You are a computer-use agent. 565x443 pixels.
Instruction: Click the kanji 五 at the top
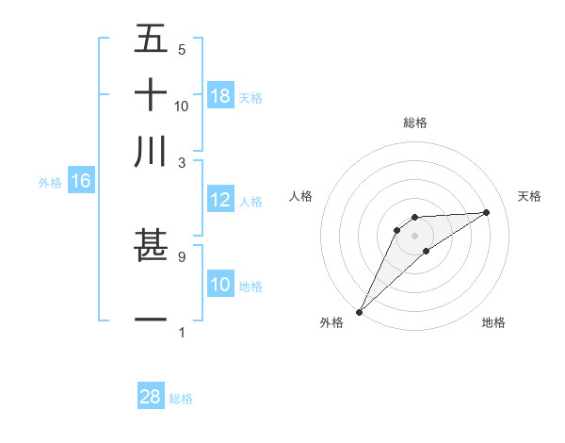[151, 39]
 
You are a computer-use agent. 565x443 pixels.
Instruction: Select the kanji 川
[151, 151]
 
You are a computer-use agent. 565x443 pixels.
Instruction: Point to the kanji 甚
[151, 246]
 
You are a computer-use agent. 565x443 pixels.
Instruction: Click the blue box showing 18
[220, 96]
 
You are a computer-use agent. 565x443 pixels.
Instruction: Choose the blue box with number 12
[220, 200]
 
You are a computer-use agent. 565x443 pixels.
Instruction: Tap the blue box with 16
[80, 182]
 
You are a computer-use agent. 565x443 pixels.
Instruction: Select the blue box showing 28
[151, 398]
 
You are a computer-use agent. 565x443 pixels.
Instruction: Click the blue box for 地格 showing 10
[220, 285]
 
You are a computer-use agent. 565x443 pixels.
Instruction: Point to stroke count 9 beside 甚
[182, 255]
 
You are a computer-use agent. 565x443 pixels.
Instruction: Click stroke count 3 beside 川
[182, 162]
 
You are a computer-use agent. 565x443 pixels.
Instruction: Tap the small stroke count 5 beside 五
[182, 49]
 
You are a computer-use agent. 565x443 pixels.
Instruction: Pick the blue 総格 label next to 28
[181, 399]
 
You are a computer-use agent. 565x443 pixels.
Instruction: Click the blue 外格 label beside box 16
[50, 183]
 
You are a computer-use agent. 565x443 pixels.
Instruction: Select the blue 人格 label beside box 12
[250, 201]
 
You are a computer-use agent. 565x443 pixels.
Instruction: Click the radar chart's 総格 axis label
[414, 123]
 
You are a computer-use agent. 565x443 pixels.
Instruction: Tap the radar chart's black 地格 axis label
[493, 322]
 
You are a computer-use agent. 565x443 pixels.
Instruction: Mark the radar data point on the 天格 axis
[487, 212]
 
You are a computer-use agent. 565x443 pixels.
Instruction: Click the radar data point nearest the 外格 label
[359, 311]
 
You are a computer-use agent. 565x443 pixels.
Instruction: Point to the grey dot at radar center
[414, 235]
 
